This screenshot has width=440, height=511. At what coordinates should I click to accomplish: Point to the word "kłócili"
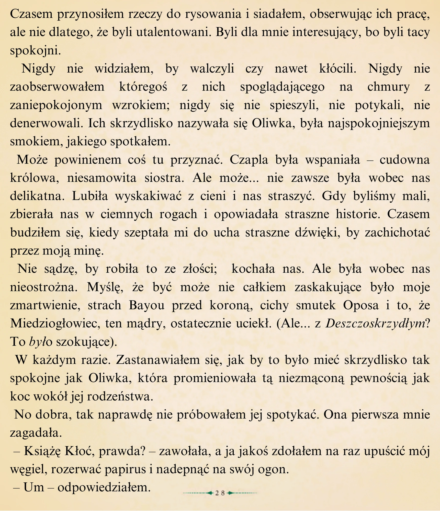pos(337,69)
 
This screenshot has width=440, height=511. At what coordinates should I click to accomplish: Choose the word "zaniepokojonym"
pos(56,105)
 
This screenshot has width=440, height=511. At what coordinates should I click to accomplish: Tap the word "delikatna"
pos(37,196)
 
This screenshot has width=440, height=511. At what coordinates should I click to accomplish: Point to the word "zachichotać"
pos(397,233)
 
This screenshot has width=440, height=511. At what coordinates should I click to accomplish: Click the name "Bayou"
pos(146,305)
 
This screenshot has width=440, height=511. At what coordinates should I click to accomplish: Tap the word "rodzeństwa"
pos(120,397)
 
